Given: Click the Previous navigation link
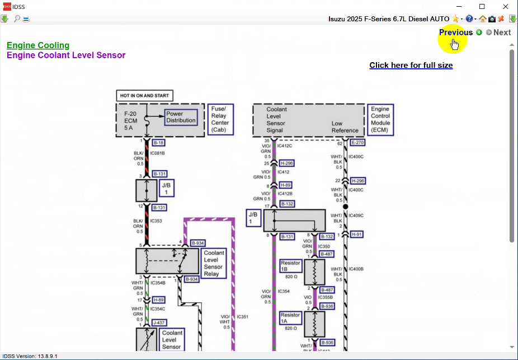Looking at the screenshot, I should [x=455, y=32].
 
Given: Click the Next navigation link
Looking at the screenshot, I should [x=502, y=32].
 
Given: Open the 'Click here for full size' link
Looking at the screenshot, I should [x=411, y=66].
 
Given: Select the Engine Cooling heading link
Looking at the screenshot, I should [x=38, y=45].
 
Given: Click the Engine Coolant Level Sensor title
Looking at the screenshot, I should [x=66, y=55].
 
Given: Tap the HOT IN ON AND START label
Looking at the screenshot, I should [x=144, y=96].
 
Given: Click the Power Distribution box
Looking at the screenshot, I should [x=181, y=117].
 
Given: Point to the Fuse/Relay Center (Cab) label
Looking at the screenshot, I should [x=220, y=119].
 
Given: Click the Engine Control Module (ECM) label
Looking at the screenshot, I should [x=380, y=119].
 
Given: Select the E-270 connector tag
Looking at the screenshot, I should [x=357, y=143].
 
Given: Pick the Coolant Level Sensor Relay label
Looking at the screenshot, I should [x=214, y=263].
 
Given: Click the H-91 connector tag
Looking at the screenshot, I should [x=357, y=235].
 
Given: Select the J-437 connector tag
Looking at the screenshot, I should [x=159, y=322].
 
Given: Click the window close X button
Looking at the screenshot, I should [x=505, y=7].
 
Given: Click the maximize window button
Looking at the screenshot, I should [x=482, y=7].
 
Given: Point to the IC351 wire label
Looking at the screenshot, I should [x=242, y=316].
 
